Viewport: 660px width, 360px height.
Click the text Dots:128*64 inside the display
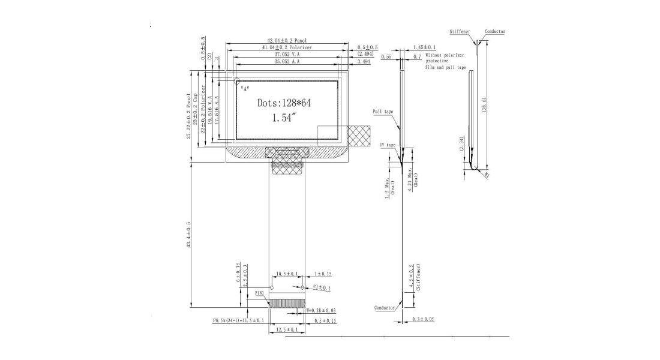point(284,103)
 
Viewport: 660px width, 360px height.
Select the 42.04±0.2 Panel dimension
point(287,40)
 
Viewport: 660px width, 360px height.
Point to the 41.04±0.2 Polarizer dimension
point(287,47)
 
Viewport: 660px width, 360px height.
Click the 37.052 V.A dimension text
point(286,54)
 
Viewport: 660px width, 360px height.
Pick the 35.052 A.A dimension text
point(286,61)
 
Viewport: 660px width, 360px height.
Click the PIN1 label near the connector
point(260,292)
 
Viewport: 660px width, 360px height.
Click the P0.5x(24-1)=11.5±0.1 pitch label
point(238,321)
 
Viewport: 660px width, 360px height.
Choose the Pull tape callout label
point(383,112)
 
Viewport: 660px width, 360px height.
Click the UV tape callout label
point(388,145)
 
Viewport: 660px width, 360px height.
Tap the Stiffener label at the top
point(460,31)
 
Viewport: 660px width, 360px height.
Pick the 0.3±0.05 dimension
point(424,319)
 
